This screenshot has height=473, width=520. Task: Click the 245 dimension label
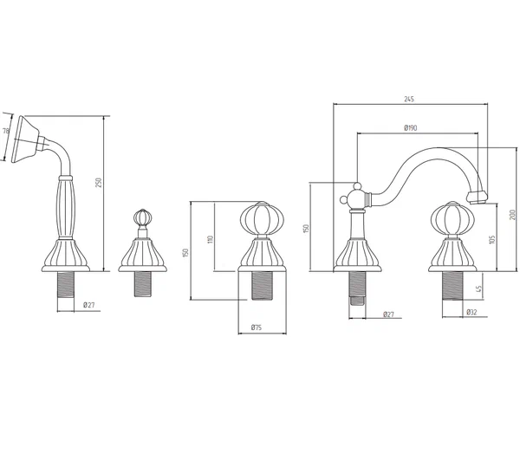pos(409,99)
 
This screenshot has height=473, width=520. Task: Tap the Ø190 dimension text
pos(410,128)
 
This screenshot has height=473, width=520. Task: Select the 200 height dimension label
pos(512,215)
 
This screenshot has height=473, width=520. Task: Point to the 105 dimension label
pos(491,240)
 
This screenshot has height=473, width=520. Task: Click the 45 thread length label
pos(478,288)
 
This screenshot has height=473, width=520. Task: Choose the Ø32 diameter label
pos(471,312)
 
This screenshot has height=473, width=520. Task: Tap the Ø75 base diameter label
pos(256,327)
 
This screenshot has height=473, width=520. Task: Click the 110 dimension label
pos(210,239)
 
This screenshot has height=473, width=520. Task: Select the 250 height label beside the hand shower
pos(99,182)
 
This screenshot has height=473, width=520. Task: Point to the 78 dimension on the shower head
pos(6,131)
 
